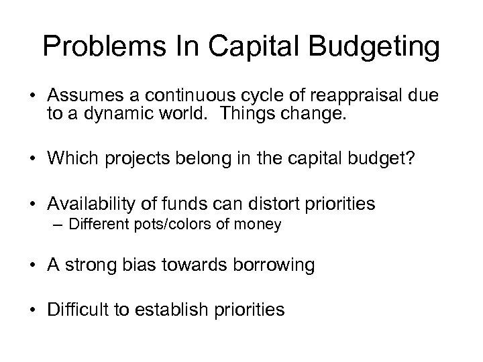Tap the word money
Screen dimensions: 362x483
(258, 224)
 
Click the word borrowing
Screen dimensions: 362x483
(274, 265)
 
